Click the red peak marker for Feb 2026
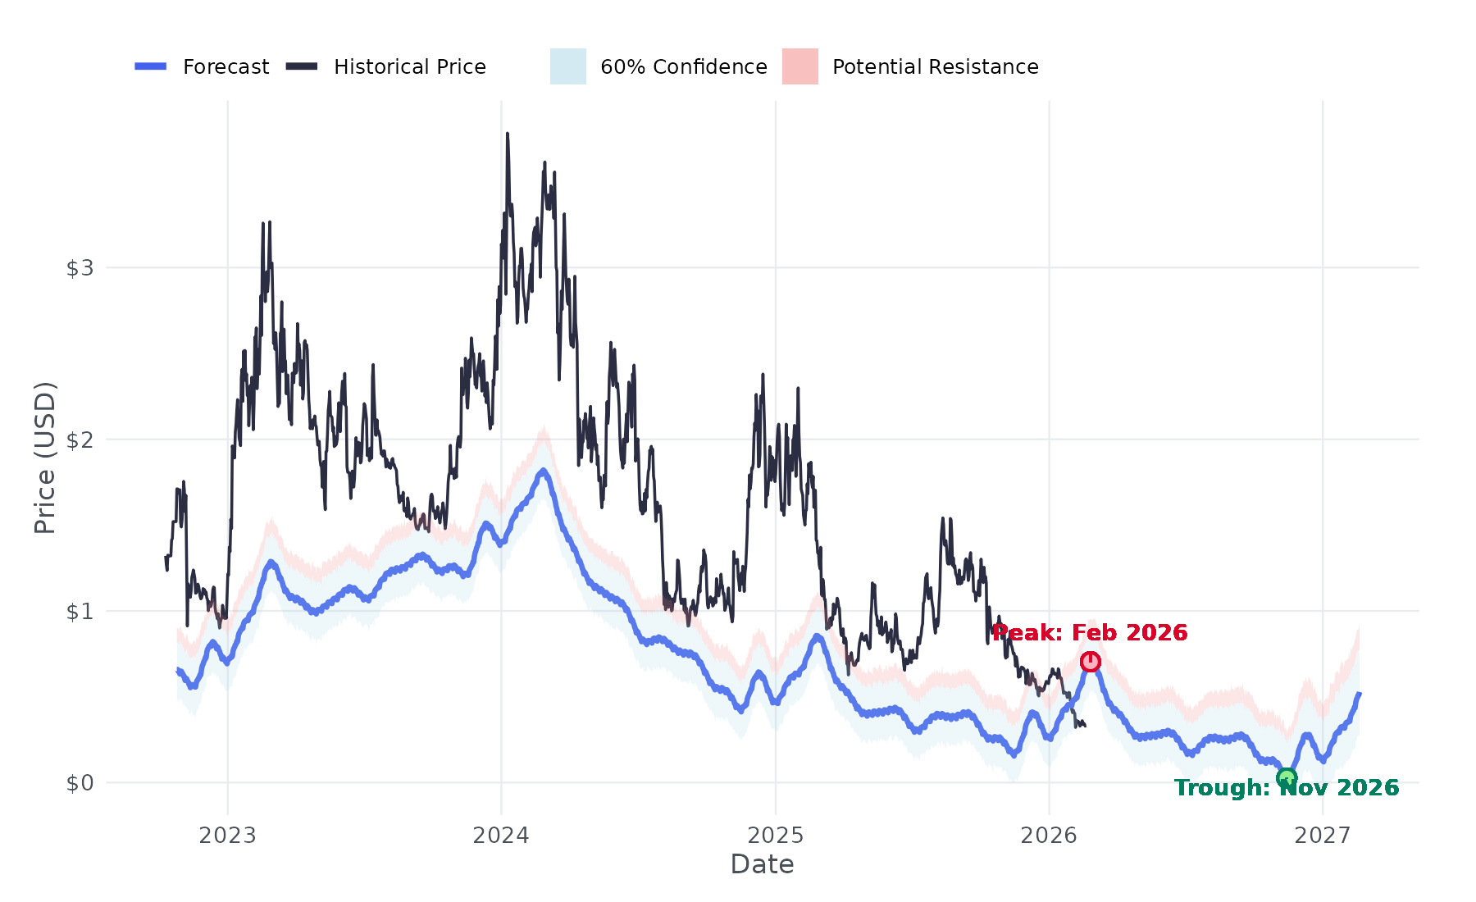pyautogui.click(x=1090, y=661)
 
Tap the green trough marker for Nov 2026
pyautogui.click(x=1287, y=777)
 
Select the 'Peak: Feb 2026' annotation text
pyautogui.click(x=1090, y=633)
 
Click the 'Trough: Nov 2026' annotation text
pyautogui.click(x=1287, y=788)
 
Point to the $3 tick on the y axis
pyautogui.click(x=80, y=268)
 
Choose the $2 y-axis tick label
pyautogui.click(x=80, y=440)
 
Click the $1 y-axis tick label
pyautogui.click(x=80, y=612)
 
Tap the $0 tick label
pyautogui.click(x=80, y=783)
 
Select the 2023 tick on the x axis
pyautogui.click(x=228, y=836)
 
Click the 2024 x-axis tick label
pyautogui.click(x=502, y=836)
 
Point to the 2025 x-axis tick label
pyautogui.click(x=776, y=836)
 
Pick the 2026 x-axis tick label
pyautogui.click(x=1049, y=836)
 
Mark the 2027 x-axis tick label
pyautogui.click(x=1323, y=836)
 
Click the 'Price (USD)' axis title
pyautogui.click(x=45, y=458)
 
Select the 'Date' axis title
pyautogui.click(x=763, y=864)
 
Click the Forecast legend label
pyautogui.click(x=225, y=66)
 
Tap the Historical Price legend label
pyautogui.click(x=410, y=66)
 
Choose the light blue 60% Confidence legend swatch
pyautogui.click(x=568, y=66)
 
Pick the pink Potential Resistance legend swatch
pyautogui.click(x=800, y=66)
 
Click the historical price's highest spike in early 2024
pyautogui.click(x=508, y=134)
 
